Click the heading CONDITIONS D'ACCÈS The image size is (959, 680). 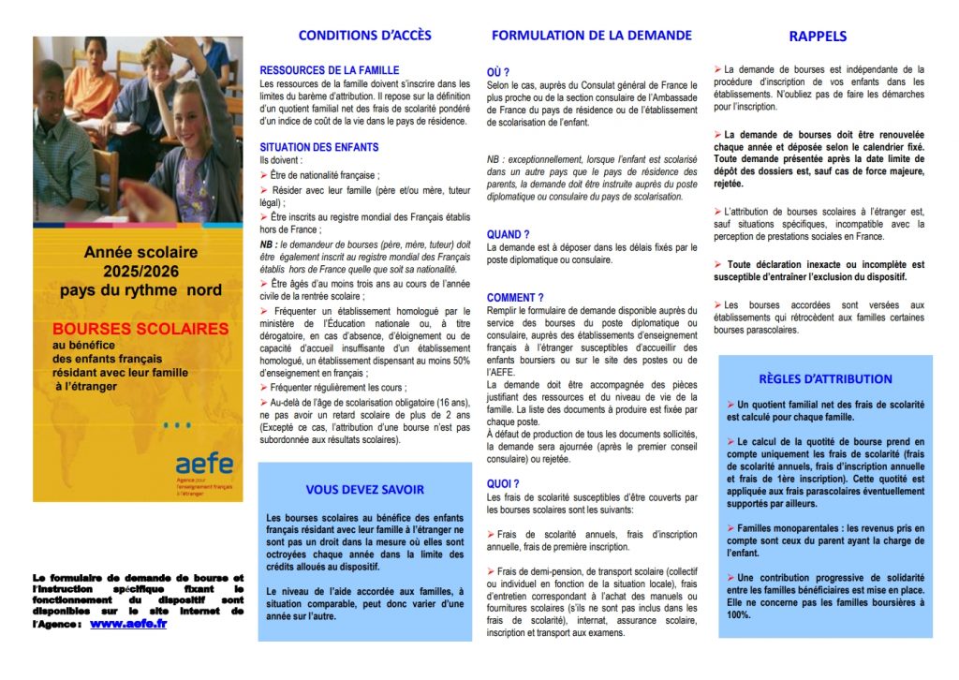pos(364,36)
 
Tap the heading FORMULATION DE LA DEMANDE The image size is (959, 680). pos(592,36)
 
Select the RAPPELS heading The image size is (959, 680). pos(817,37)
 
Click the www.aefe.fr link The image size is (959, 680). pos(128,623)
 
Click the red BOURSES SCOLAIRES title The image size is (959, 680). pos(140,329)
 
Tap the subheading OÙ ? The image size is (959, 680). pos(498,71)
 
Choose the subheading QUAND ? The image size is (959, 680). pos(508,234)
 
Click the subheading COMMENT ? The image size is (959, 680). pos(515,297)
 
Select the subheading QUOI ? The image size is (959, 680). pos(503,483)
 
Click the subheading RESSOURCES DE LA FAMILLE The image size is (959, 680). pos(329,70)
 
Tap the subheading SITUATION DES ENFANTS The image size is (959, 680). pos(318,147)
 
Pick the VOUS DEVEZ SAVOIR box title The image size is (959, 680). pos(364,489)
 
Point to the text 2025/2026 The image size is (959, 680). pos(140,271)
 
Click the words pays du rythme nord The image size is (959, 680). pos(140,289)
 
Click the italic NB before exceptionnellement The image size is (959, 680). pos(493,160)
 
